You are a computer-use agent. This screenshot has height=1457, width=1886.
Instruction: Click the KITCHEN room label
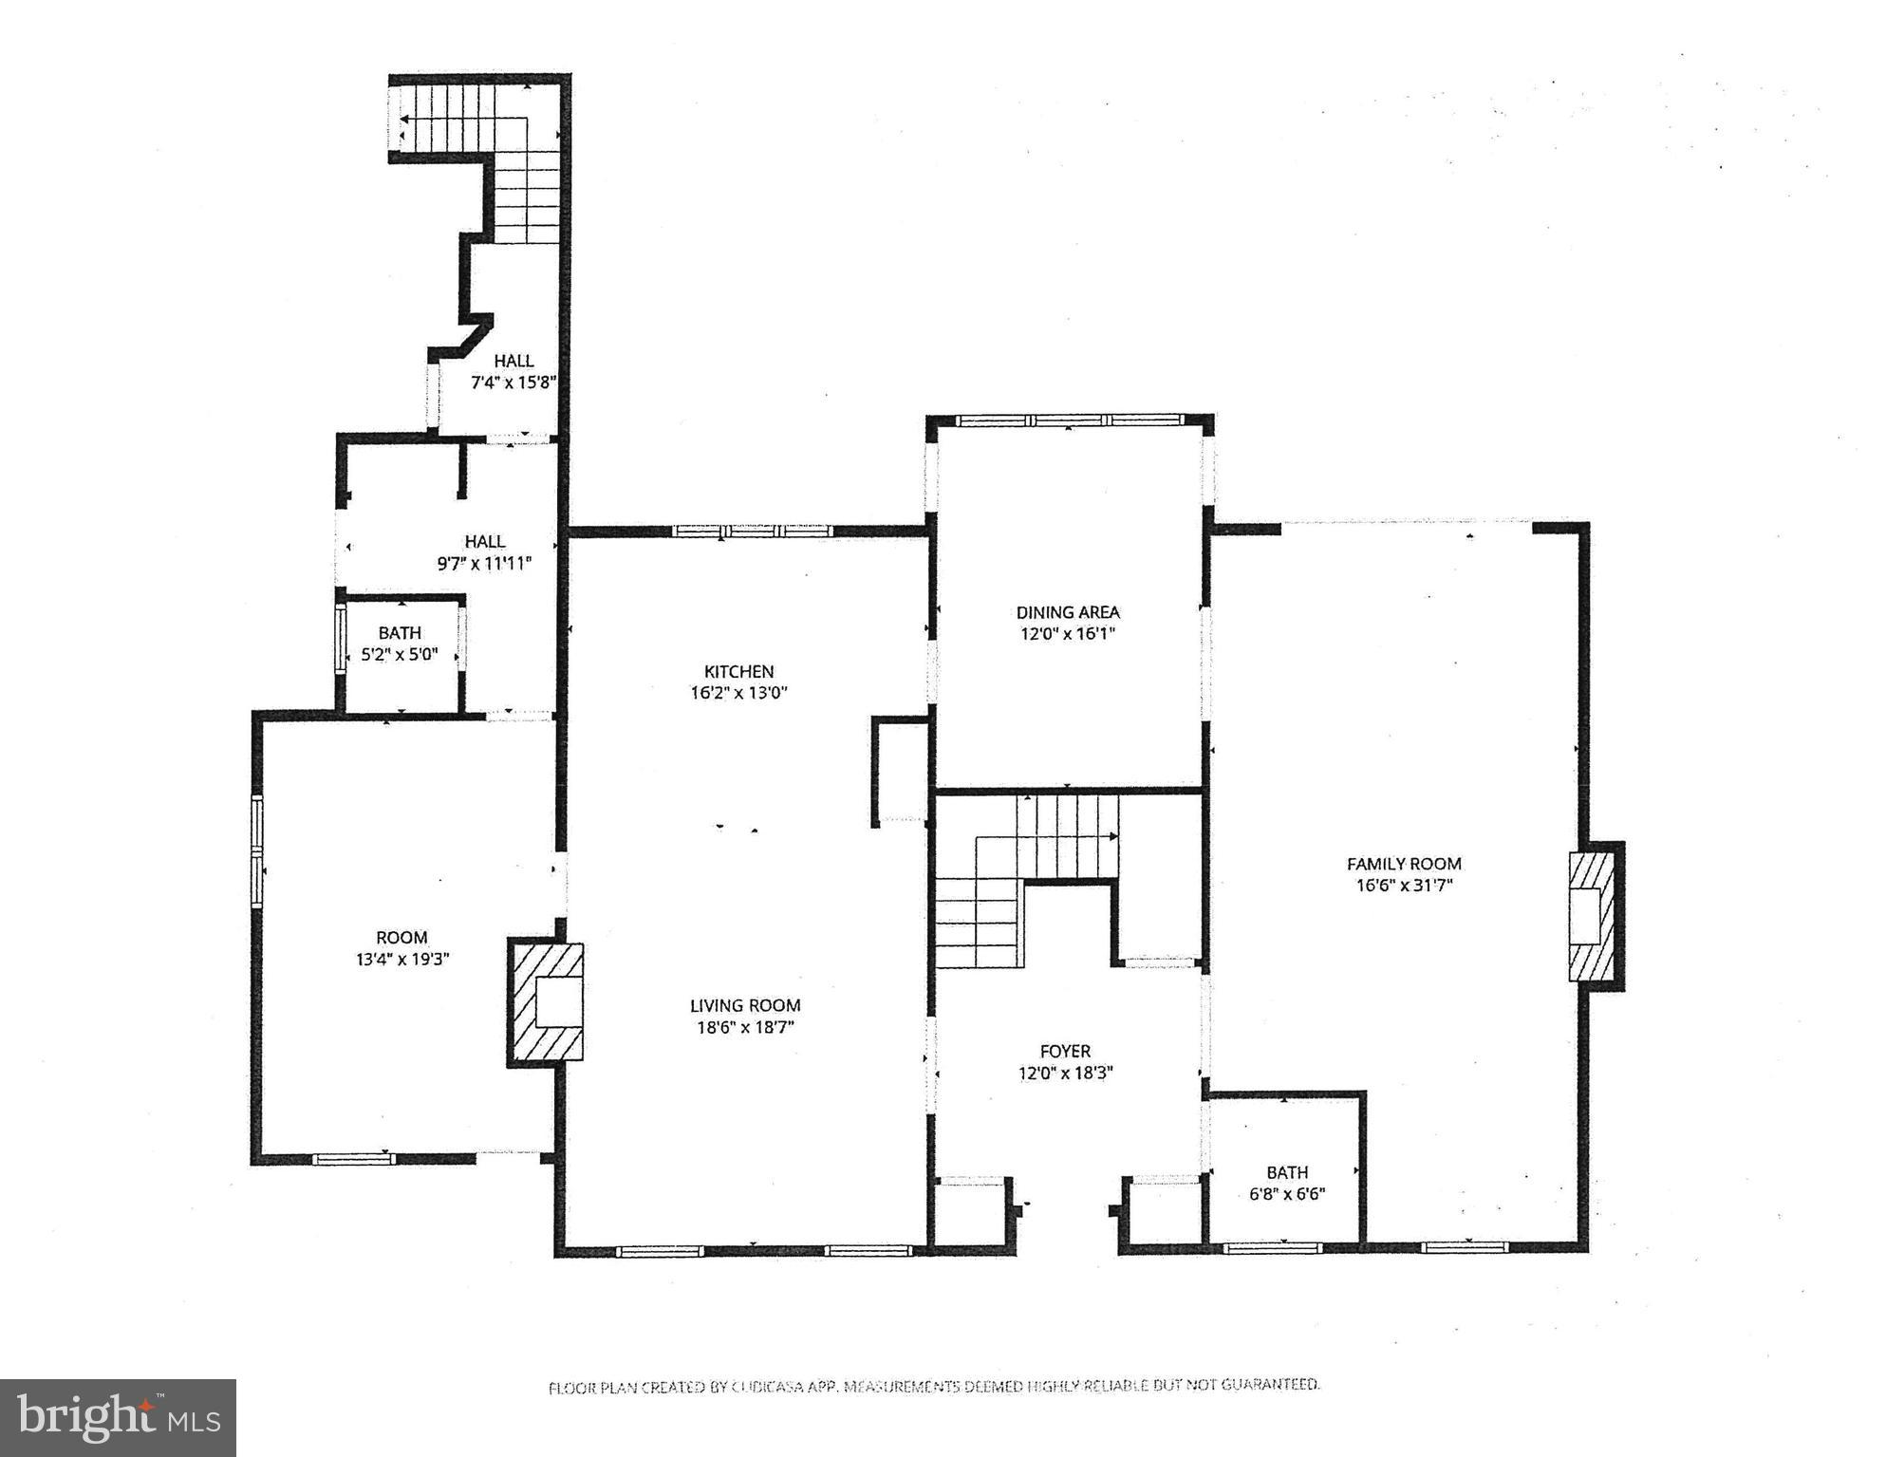pyautogui.click(x=738, y=671)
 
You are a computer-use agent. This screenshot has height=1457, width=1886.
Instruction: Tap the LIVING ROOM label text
pyautogui.click(x=745, y=1005)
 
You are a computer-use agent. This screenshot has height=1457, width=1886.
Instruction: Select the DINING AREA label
pyautogui.click(x=1068, y=612)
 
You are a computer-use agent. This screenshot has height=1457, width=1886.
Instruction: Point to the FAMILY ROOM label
pyautogui.click(x=1404, y=864)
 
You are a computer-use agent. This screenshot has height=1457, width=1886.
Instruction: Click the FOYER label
pyautogui.click(x=1065, y=1051)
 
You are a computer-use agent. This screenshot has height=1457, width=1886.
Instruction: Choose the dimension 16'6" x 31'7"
pyautogui.click(x=1404, y=887)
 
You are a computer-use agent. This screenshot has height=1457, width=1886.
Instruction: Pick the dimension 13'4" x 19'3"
pyautogui.click(x=401, y=960)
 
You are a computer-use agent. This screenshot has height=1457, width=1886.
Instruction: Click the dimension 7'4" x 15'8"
pyautogui.click(x=514, y=383)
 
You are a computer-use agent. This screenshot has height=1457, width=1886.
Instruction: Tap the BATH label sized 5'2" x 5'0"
pyautogui.click(x=400, y=632)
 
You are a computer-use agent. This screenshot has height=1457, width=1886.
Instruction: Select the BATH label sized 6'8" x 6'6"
pyautogui.click(x=1287, y=1172)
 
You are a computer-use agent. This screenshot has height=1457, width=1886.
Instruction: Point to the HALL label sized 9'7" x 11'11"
pyautogui.click(x=484, y=541)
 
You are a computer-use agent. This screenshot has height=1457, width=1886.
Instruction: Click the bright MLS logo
pyautogui.click(x=118, y=1418)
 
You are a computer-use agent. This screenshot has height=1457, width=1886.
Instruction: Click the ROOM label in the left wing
pyautogui.click(x=401, y=937)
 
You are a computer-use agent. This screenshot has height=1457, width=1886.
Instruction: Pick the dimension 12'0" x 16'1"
pyautogui.click(x=1068, y=634)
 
